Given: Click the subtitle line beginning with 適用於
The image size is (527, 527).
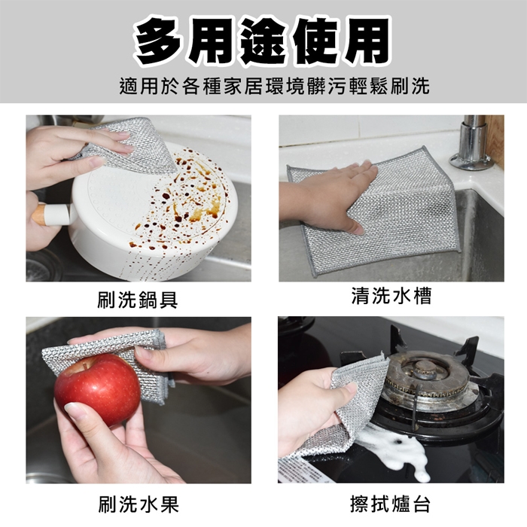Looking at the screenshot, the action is pyautogui.click(x=275, y=86).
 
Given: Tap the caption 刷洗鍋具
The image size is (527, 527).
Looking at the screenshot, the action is pyautogui.click(x=138, y=300).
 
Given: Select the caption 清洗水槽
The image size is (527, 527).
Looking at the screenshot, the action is pyautogui.click(x=391, y=295).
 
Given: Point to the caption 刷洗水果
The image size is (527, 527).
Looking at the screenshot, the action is pyautogui.click(x=139, y=504).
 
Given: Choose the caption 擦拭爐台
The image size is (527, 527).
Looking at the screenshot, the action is pyautogui.click(x=390, y=504).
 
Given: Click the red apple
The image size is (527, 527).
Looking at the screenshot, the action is pyautogui.click(x=97, y=389).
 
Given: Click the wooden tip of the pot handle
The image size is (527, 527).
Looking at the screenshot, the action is pyautogui.click(x=40, y=214).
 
